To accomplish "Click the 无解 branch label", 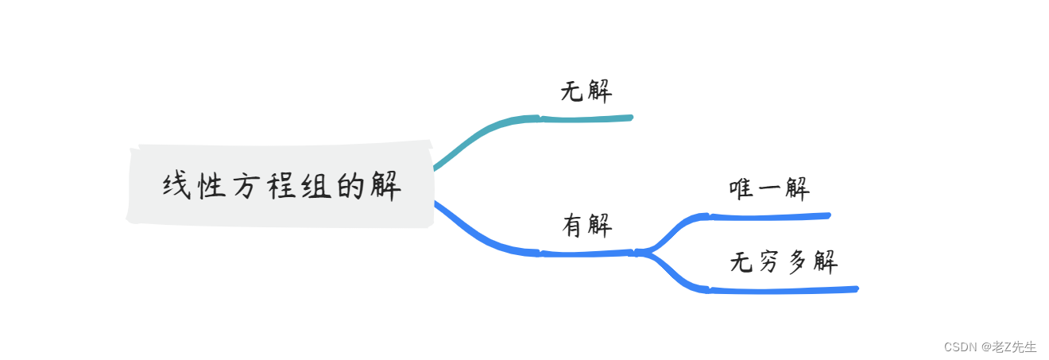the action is [586, 91].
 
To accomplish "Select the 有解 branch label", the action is [587, 226].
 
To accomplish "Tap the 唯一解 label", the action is [769, 189].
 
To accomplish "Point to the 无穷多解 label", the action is [784, 262].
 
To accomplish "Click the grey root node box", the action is [280, 184].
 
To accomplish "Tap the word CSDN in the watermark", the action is [959, 346].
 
